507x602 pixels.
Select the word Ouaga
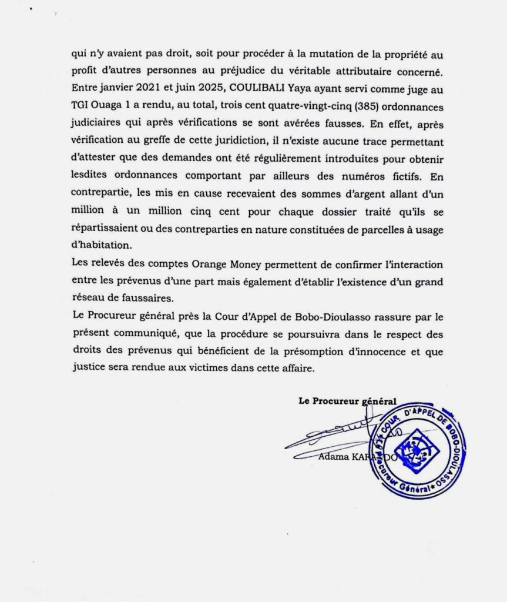click(x=109, y=108)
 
